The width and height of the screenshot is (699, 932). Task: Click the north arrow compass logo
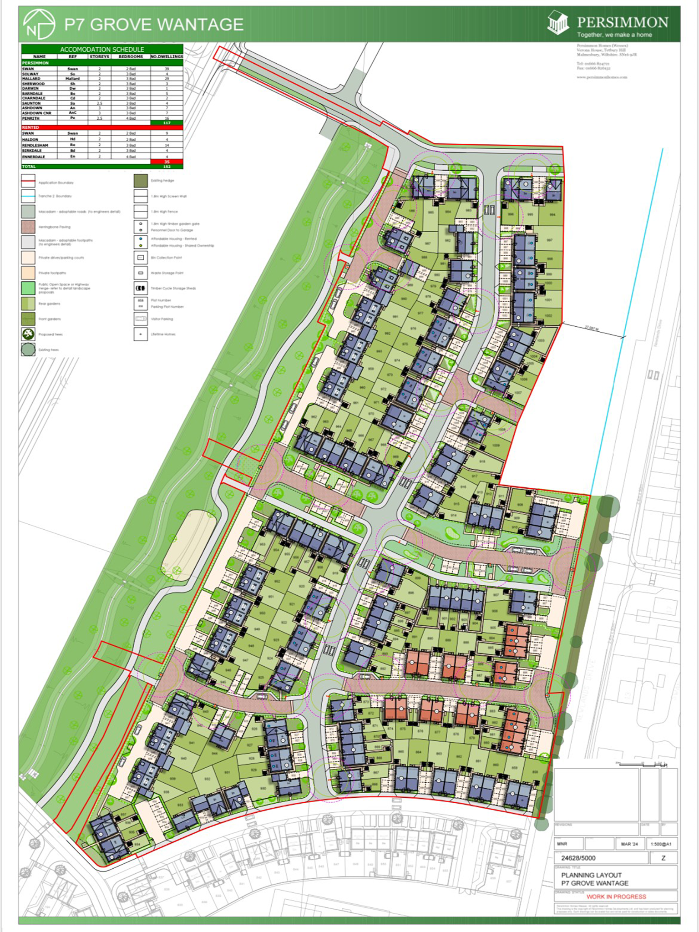pyautogui.click(x=39, y=25)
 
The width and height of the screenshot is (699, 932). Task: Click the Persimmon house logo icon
pyautogui.click(x=558, y=23)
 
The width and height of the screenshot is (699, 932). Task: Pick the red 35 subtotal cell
pyautogui.click(x=167, y=162)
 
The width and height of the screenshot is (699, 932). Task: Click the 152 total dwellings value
pyautogui.click(x=167, y=167)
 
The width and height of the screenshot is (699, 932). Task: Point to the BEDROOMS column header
pyautogui.click(x=131, y=57)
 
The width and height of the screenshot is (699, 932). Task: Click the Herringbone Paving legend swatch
pyautogui.click(x=28, y=227)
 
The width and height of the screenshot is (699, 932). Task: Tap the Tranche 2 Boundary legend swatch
pyautogui.click(x=28, y=196)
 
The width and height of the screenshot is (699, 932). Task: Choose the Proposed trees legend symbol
pyautogui.click(x=28, y=334)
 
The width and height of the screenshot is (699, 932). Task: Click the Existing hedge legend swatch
pyautogui.click(x=141, y=181)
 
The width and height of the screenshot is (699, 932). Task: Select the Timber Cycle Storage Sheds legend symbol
pyautogui.click(x=141, y=288)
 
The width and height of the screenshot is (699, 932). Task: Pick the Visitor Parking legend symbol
pyautogui.click(x=141, y=319)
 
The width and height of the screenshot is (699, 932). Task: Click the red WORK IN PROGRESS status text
pyautogui.click(x=616, y=897)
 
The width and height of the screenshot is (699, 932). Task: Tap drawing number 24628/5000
pyautogui.click(x=578, y=858)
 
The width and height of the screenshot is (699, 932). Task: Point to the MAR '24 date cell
pyautogui.click(x=629, y=844)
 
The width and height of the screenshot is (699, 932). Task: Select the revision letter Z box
pyautogui.click(x=663, y=858)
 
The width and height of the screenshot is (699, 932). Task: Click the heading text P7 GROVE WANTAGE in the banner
pyautogui.click(x=154, y=25)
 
